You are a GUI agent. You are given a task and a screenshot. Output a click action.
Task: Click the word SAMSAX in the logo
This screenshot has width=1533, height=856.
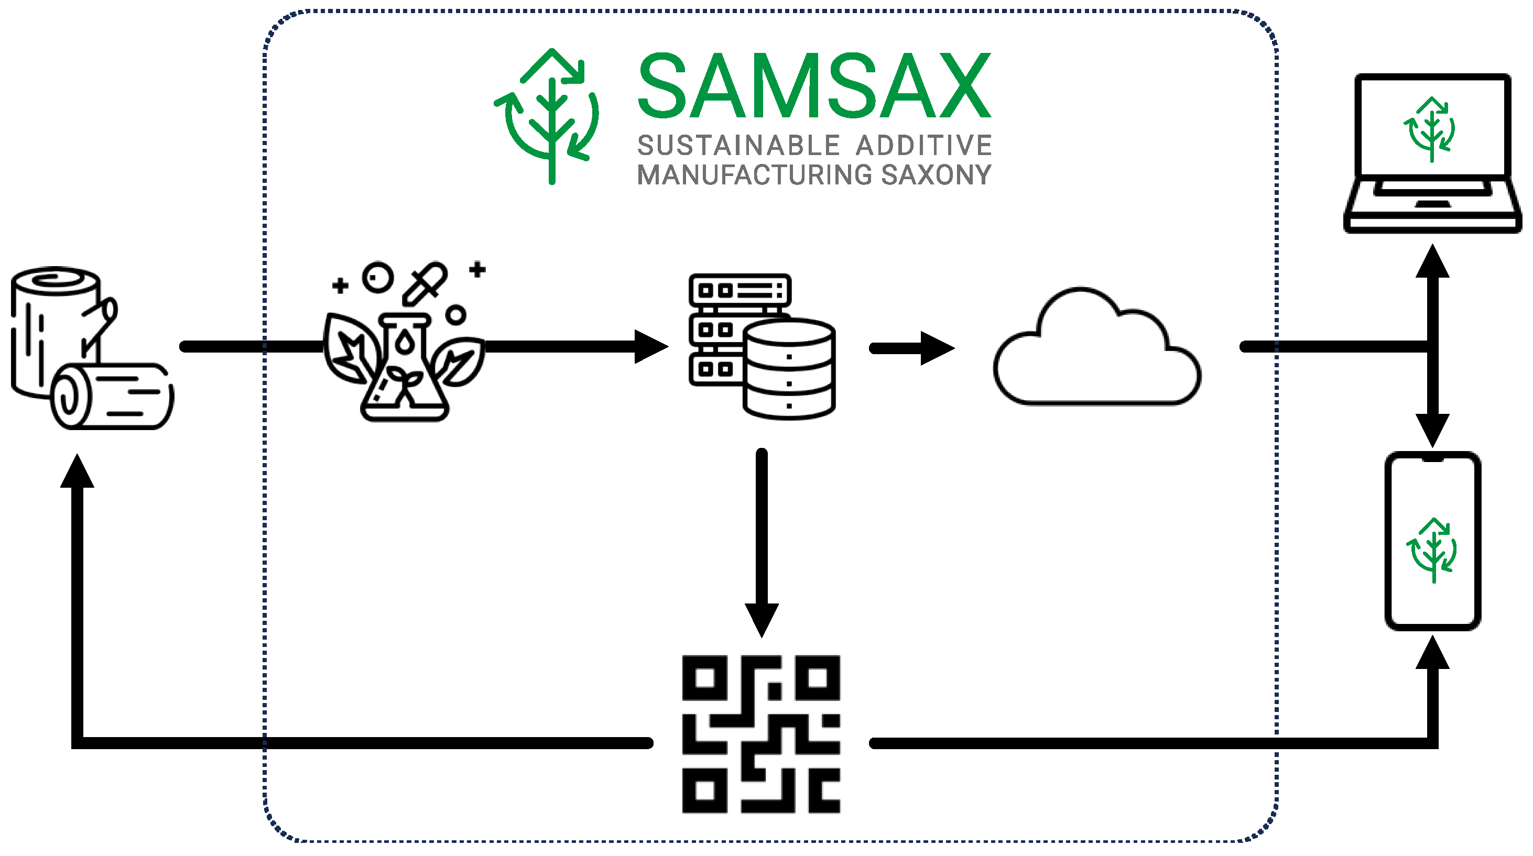[x=814, y=86]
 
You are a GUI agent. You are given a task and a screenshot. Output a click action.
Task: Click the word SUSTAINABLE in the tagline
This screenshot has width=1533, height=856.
[x=738, y=146]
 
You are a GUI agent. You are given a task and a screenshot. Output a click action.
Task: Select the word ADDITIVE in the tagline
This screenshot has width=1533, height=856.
[x=923, y=146]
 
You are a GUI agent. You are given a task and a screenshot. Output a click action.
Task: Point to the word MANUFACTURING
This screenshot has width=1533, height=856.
[x=756, y=175]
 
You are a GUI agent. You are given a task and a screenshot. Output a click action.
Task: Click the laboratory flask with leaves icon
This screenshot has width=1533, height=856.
[x=405, y=357]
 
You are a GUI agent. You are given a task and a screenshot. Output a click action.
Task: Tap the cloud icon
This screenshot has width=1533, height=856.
[x=1096, y=351]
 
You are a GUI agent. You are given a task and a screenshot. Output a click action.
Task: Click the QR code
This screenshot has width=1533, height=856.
[x=761, y=734]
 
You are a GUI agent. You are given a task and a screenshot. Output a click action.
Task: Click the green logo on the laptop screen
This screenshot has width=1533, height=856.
[x=1431, y=129]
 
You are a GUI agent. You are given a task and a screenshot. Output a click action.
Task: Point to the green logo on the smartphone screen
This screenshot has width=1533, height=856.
[x=1432, y=550]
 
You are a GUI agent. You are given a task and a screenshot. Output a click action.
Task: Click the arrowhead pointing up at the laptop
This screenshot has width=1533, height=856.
[x=1432, y=262]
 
